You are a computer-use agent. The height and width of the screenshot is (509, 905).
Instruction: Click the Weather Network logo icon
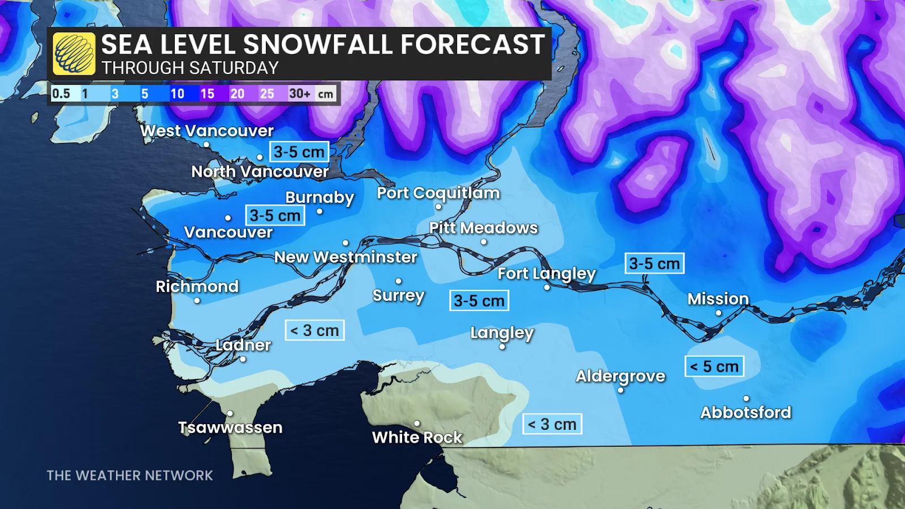74,54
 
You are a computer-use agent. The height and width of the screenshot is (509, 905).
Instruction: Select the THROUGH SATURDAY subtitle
190,68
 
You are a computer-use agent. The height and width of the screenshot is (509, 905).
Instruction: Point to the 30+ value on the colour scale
299,94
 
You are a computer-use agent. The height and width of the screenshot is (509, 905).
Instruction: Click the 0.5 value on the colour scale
61,94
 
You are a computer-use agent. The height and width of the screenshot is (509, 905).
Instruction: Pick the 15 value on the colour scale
207,94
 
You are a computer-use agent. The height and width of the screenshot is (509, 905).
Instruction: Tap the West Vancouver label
207,131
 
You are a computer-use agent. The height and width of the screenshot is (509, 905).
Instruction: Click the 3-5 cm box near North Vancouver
299,152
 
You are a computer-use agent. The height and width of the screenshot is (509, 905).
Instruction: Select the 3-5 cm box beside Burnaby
275,215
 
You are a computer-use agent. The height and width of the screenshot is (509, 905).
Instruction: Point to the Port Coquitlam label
438,193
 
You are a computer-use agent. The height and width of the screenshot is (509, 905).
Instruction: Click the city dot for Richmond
197,300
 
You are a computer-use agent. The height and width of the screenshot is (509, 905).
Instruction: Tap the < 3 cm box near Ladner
314,330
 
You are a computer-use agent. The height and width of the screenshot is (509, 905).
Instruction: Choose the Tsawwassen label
230,428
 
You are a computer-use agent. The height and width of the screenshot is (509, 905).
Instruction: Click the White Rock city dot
417,423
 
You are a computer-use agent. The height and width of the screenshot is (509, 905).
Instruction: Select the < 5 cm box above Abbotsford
714,366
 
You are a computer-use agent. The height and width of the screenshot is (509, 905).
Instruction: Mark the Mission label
718,299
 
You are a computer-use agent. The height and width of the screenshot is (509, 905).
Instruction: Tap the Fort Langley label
546,274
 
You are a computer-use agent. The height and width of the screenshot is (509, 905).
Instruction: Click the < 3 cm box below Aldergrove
552,424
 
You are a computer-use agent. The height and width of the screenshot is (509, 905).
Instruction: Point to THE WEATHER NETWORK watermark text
130,476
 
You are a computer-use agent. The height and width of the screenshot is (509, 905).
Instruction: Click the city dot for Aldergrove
620,390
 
